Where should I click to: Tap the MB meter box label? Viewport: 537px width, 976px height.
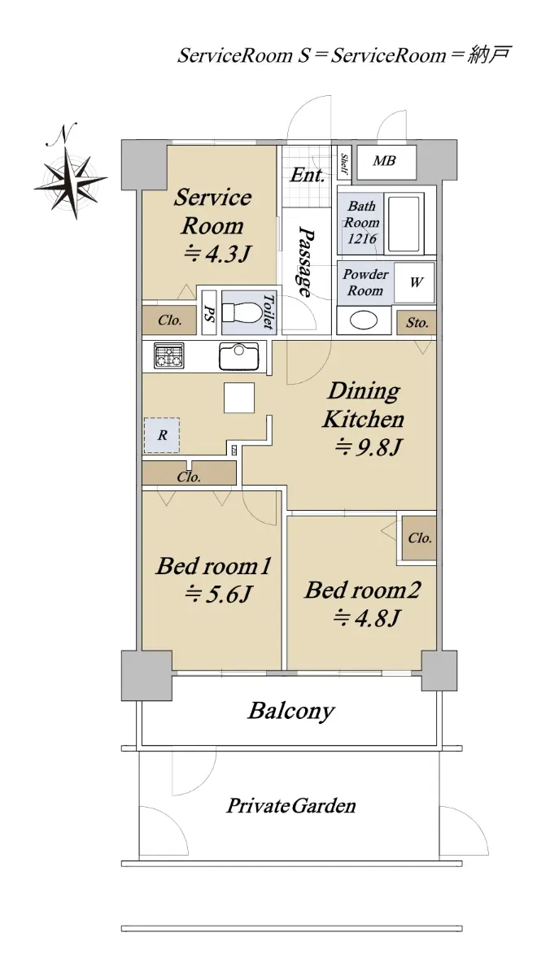[384, 161]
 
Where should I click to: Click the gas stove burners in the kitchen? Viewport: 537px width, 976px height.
[168, 355]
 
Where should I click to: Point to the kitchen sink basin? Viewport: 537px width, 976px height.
[239, 355]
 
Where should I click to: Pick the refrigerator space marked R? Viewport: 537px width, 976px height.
[162, 435]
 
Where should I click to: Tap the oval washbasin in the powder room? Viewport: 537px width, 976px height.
[364, 321]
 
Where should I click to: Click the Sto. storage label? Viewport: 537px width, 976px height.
[417, 323]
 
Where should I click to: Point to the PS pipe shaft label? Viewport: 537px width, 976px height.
[209, 312]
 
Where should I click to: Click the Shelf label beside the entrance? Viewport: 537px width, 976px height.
[344, 163]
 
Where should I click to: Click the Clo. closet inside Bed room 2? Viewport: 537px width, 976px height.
[419, 538]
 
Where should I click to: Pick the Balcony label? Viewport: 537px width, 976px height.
[291, 711]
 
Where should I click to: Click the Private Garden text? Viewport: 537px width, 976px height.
[290, 806]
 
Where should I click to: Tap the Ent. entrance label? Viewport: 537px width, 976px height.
[308, 175]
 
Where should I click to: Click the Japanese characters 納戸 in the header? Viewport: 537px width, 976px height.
[489, 55]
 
